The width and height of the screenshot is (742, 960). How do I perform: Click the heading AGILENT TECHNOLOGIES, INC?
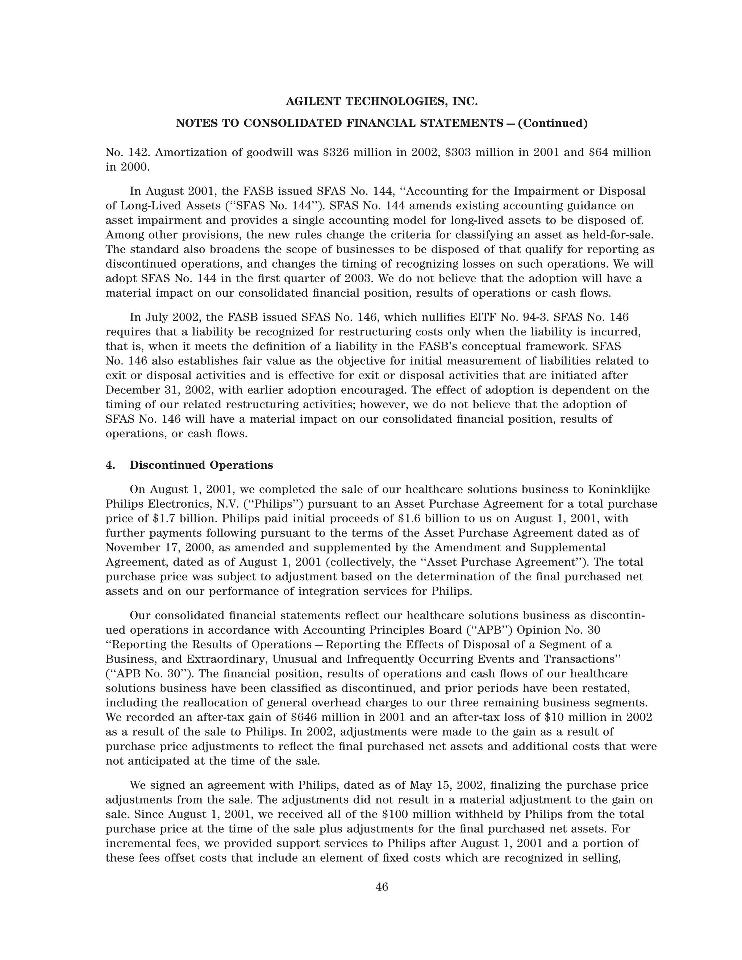tap(382, 102)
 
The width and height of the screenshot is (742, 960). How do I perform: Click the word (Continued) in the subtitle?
tap(553, 124)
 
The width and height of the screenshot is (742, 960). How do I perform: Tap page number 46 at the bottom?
tap(382, 887)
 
